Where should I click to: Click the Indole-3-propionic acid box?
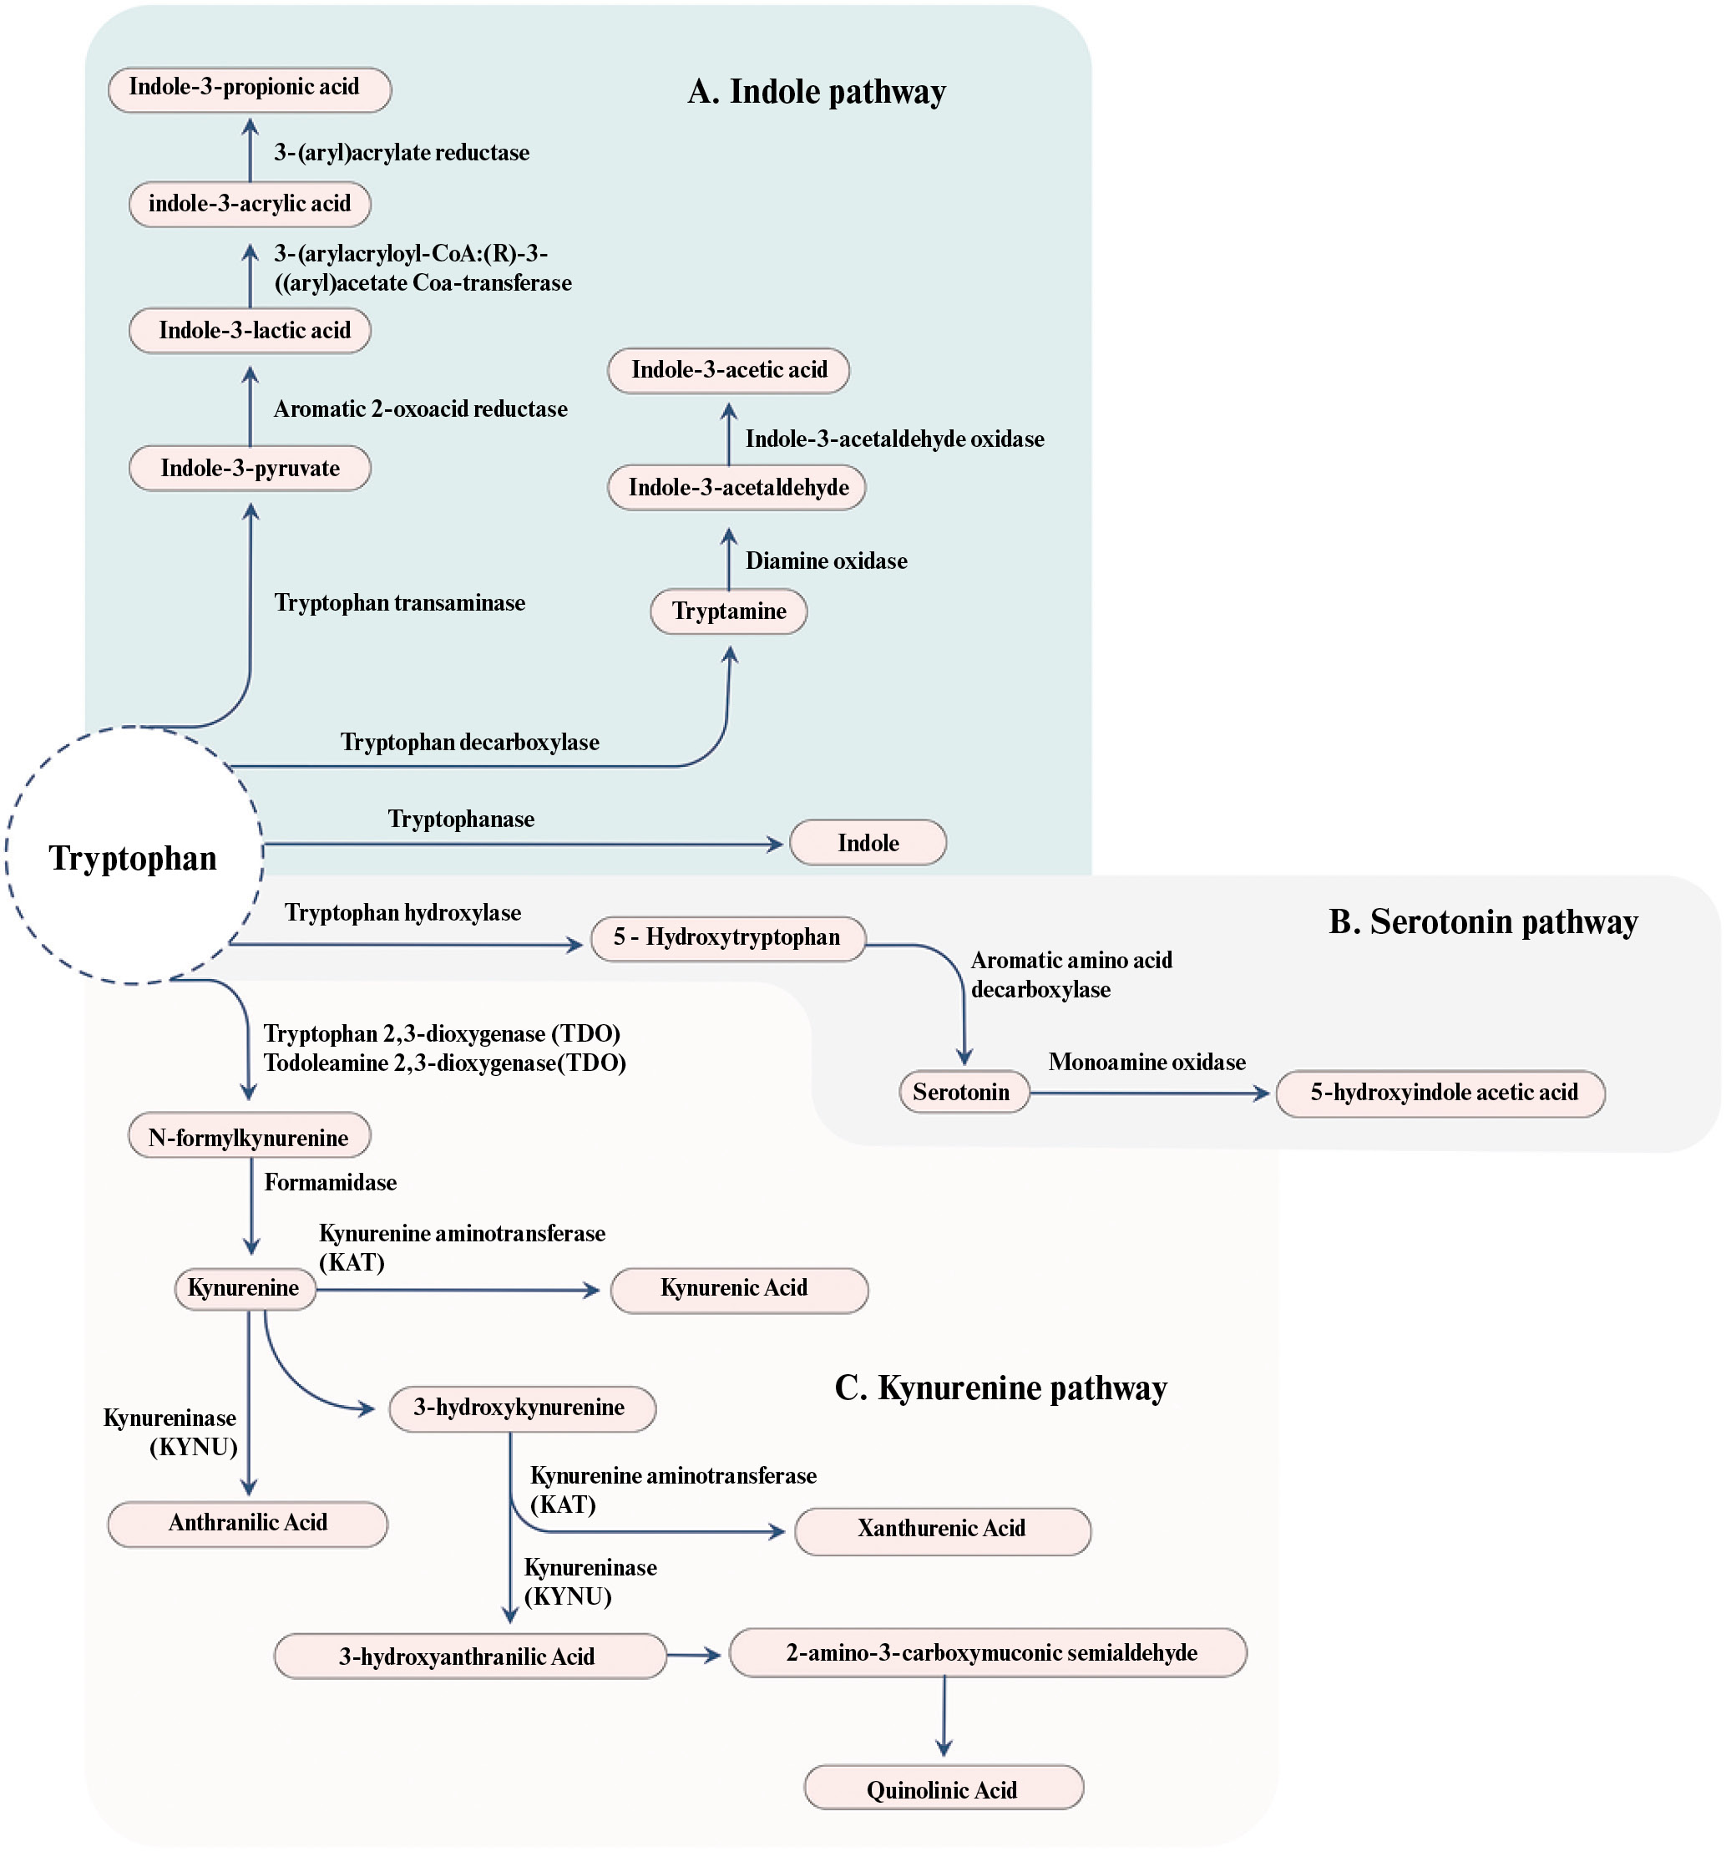tap(249, 89)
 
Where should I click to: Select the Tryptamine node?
tap(728, 612)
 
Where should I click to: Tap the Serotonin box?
tap(963, 1093)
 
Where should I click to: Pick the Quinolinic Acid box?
tap(943, 1789)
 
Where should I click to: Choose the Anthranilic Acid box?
tap(247, 1523)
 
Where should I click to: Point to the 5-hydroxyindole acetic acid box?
tap(1440, 1093)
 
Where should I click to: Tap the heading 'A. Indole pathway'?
tap(816, 92)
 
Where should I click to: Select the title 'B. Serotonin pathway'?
tap(1482, 922)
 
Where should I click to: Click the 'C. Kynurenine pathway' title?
tap(1000, 1388)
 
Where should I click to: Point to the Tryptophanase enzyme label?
tap(461, 819)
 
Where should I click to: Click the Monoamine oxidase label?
tap(1146, 1062)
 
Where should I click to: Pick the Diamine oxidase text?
tap(826, 561)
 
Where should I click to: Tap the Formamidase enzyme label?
tap(330, 1182)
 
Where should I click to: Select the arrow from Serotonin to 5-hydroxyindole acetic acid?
tap(1150, 1093)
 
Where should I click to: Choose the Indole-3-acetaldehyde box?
tap(736, 488)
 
